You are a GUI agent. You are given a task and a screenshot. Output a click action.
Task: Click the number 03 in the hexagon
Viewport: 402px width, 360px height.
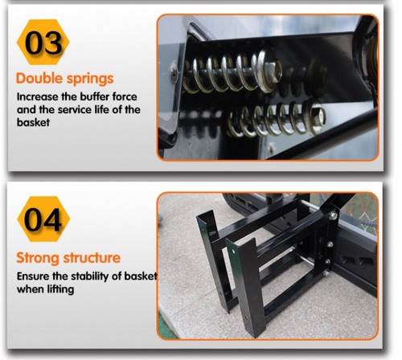pyautogui.click(x=43, y=43)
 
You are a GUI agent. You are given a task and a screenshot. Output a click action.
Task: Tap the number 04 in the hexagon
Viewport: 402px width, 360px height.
pyautogui.click(x=43, y=219)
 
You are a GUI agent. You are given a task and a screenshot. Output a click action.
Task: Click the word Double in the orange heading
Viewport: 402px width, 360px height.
pyautogui.click(x=39, y=79)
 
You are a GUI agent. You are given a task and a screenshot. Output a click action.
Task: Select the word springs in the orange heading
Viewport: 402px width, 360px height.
pyautogui.click(x=90, y=80)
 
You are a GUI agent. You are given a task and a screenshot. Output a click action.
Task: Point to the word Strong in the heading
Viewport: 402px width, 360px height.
pyautogui.click(x=39, y=259)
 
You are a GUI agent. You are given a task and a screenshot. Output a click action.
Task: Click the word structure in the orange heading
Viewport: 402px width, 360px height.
pyautogui.click(x=92, y=258)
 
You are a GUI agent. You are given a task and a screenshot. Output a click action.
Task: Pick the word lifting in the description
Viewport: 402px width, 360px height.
pyautogui.click(x=61, y=289)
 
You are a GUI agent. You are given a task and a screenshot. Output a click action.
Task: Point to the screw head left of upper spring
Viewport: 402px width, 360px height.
pyautogui.click(x=174, y=72)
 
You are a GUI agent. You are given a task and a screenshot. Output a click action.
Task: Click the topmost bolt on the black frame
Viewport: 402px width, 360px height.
pyautogui.click(x=333, y=215)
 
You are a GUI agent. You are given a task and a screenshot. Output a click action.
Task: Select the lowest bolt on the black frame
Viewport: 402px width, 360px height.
pyautogui.click(x=326, y=273)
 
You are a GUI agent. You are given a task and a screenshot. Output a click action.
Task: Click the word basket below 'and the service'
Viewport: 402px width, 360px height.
pyautogui.click(x=33, y=122)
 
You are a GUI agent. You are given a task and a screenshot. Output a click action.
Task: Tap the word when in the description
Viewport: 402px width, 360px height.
pyautogui.click(x=31, y=289)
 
